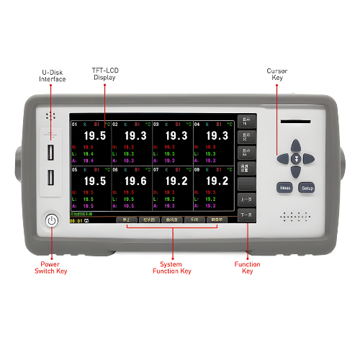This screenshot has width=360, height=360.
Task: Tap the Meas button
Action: (284, 188)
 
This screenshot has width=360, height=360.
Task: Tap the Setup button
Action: (307, 188)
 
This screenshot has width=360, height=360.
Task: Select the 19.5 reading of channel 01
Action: (95, 135)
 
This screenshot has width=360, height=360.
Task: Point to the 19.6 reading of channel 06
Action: (135, 181)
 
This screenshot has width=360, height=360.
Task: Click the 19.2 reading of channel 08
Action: (217, 181)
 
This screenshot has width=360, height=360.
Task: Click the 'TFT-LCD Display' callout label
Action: (104, 73)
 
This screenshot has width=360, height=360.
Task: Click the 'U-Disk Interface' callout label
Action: (53, 76)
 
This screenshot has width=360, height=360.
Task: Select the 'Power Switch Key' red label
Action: (50, 268)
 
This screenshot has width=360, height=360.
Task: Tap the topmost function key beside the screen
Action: (246, 121)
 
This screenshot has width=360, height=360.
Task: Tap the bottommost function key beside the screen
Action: (246, 215)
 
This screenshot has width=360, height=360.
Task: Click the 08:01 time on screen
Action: (76, 221)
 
